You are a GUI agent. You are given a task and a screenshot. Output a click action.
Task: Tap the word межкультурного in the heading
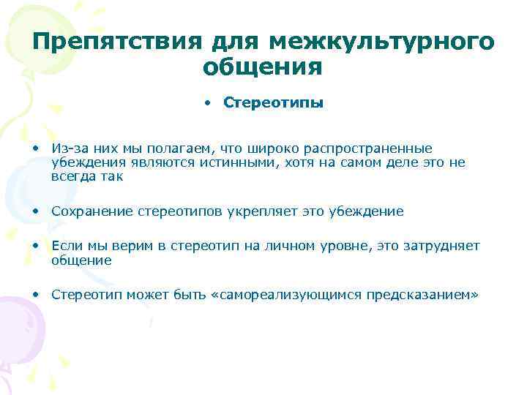coord(382,42)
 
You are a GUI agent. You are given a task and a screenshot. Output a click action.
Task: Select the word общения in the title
coord(263,67)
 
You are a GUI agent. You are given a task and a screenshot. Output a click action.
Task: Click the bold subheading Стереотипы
coord(273,103)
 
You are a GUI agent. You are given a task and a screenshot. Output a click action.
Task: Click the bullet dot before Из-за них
coord(35,148)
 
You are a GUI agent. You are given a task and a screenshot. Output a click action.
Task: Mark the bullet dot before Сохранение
coord(35,211)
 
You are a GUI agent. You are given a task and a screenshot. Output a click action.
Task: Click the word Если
coord(65,247)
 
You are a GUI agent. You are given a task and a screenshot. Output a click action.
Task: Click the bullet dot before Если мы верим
coord(35,247)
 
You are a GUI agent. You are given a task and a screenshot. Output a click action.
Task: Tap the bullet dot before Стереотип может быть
coord(35,295)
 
